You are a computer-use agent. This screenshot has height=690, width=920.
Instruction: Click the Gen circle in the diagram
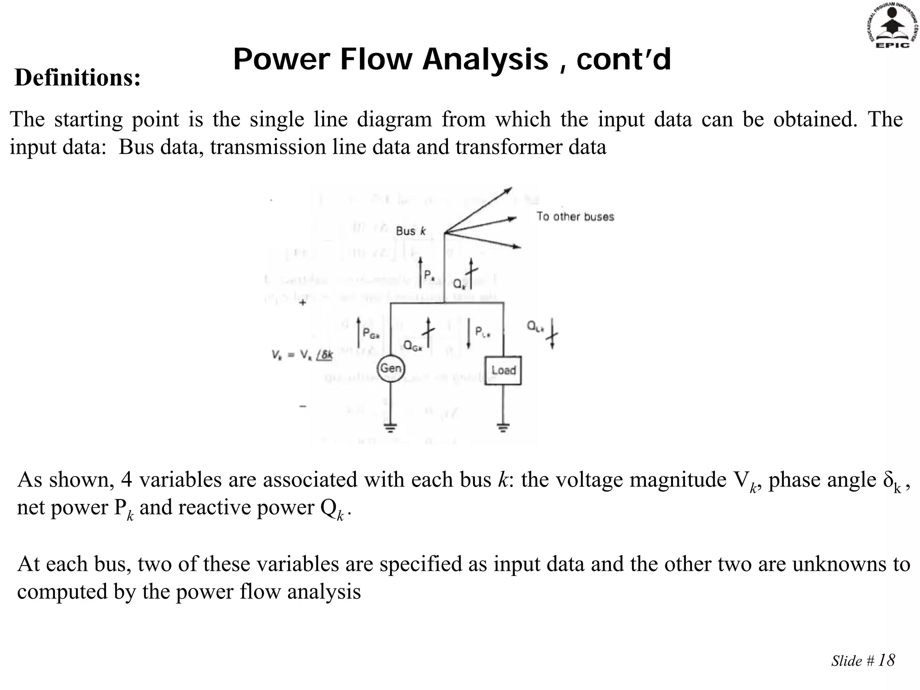pyautogui.click(x=390, y=369)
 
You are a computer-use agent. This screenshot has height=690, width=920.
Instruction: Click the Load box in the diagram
pyautogui.click(x=503, y=370)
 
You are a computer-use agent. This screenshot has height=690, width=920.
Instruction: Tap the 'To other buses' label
pyautogui.click(x=575, y=217)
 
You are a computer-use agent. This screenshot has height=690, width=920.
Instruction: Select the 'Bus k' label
pyautogui.click(x=411, y=231)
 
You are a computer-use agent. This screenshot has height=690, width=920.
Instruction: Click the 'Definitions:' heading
pyautogui.click(x=78, y=78)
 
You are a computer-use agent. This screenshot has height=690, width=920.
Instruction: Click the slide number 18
pyautogui.click(x=886, y=660)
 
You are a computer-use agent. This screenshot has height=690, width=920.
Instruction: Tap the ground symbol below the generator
pyautogui.click(x=391, y=426)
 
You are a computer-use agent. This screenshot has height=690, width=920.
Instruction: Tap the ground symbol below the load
pyautogui.click(x=503, y=426)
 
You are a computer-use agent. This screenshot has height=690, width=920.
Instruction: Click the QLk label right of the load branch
pyautogui.click(x=535, y=327)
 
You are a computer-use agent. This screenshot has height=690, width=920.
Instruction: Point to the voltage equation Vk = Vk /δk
pyautogui.click(x=302, y=355)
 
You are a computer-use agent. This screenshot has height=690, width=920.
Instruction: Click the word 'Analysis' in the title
pyautogui.click(x=485, y=60)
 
